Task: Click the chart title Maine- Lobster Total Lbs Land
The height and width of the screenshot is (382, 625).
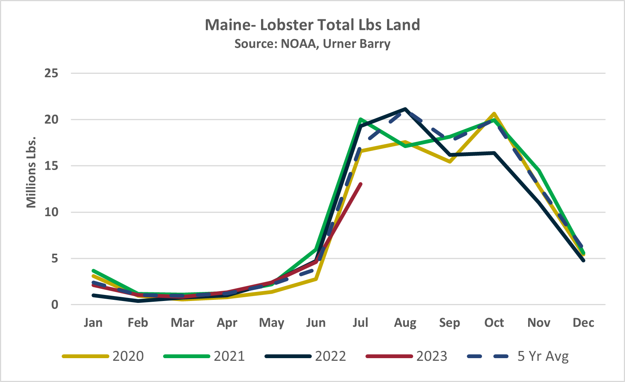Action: [312, 25]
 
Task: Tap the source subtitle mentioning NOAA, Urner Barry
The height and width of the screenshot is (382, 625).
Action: [312, 44]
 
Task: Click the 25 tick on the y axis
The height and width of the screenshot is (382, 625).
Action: [51, 73]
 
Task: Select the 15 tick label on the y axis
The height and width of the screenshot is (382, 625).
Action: [51, 166]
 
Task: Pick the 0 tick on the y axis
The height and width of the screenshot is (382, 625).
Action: [55, 305]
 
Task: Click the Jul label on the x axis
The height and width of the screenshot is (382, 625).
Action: [360, 323]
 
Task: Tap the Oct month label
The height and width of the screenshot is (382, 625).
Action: [494, 323]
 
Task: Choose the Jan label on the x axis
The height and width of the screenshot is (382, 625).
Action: [93, 323]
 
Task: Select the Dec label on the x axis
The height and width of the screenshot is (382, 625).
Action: [583, 323]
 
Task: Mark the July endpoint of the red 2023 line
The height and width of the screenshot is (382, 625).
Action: [361, 184]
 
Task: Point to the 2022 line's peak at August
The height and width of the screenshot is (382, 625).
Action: [405, 109]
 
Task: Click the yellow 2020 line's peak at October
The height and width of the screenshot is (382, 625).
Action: [494, 114]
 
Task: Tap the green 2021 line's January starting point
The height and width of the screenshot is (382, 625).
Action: [93, 271]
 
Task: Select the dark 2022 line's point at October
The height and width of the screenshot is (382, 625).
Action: [494, 153]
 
